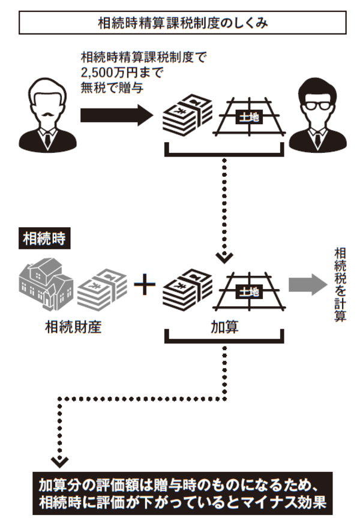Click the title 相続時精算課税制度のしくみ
183,23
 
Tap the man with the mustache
46,117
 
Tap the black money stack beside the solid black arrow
187,115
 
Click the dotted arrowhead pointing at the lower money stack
224,258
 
